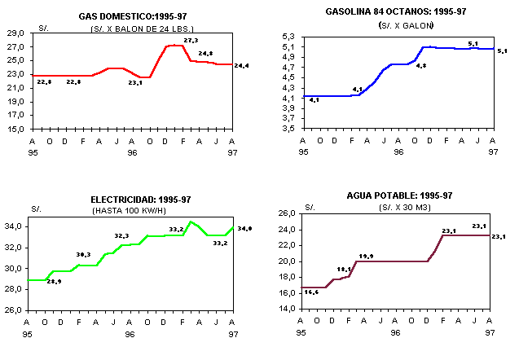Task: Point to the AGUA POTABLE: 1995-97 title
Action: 399,195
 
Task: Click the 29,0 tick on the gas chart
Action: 15,34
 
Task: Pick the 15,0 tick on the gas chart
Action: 15,129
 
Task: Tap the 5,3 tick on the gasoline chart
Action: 288,37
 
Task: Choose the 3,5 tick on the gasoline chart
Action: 288,129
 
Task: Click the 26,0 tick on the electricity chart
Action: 15,310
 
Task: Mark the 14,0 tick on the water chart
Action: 287,310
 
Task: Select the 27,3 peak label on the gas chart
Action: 191,40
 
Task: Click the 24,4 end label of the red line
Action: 241,65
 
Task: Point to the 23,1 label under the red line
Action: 135,82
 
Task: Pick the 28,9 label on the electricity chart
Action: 54,281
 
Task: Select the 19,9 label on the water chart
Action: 366,257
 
